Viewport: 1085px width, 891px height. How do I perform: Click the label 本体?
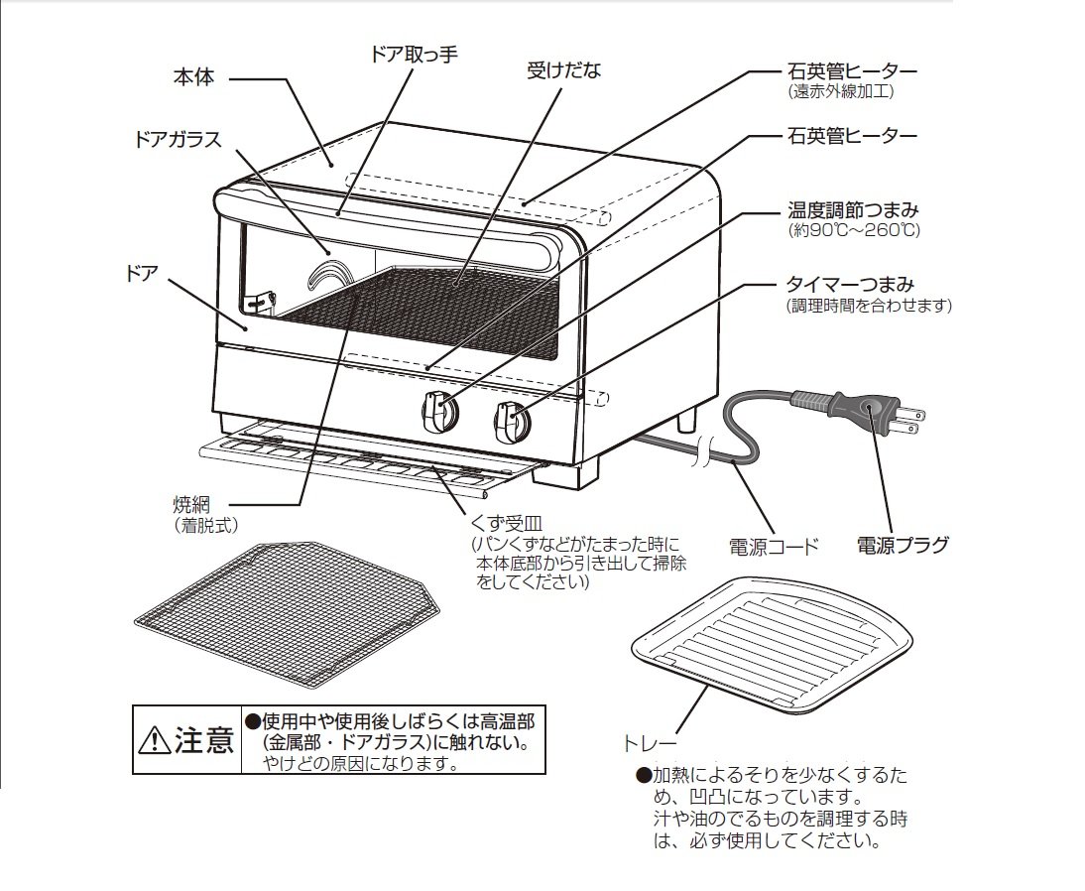(193, 76)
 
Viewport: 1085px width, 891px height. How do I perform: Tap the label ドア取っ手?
(414, 54)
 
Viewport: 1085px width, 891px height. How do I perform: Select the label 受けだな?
(564, 69)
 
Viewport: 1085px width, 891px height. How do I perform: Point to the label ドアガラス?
(178, 139)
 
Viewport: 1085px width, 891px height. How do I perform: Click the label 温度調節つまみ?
(853, 208)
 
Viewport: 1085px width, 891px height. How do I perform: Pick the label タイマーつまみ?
(850, 284)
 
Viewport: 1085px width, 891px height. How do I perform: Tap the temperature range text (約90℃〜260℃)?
(854, 230)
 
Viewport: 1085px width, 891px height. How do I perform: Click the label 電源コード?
(775, 547)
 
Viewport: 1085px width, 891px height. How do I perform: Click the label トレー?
(650, 745)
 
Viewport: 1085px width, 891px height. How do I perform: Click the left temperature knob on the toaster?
(439, 411)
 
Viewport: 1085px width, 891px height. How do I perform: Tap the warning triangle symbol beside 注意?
(155, 741)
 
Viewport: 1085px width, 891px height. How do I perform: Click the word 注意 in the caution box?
(204, 740)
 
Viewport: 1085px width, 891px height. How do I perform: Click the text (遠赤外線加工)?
(841, 90)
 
